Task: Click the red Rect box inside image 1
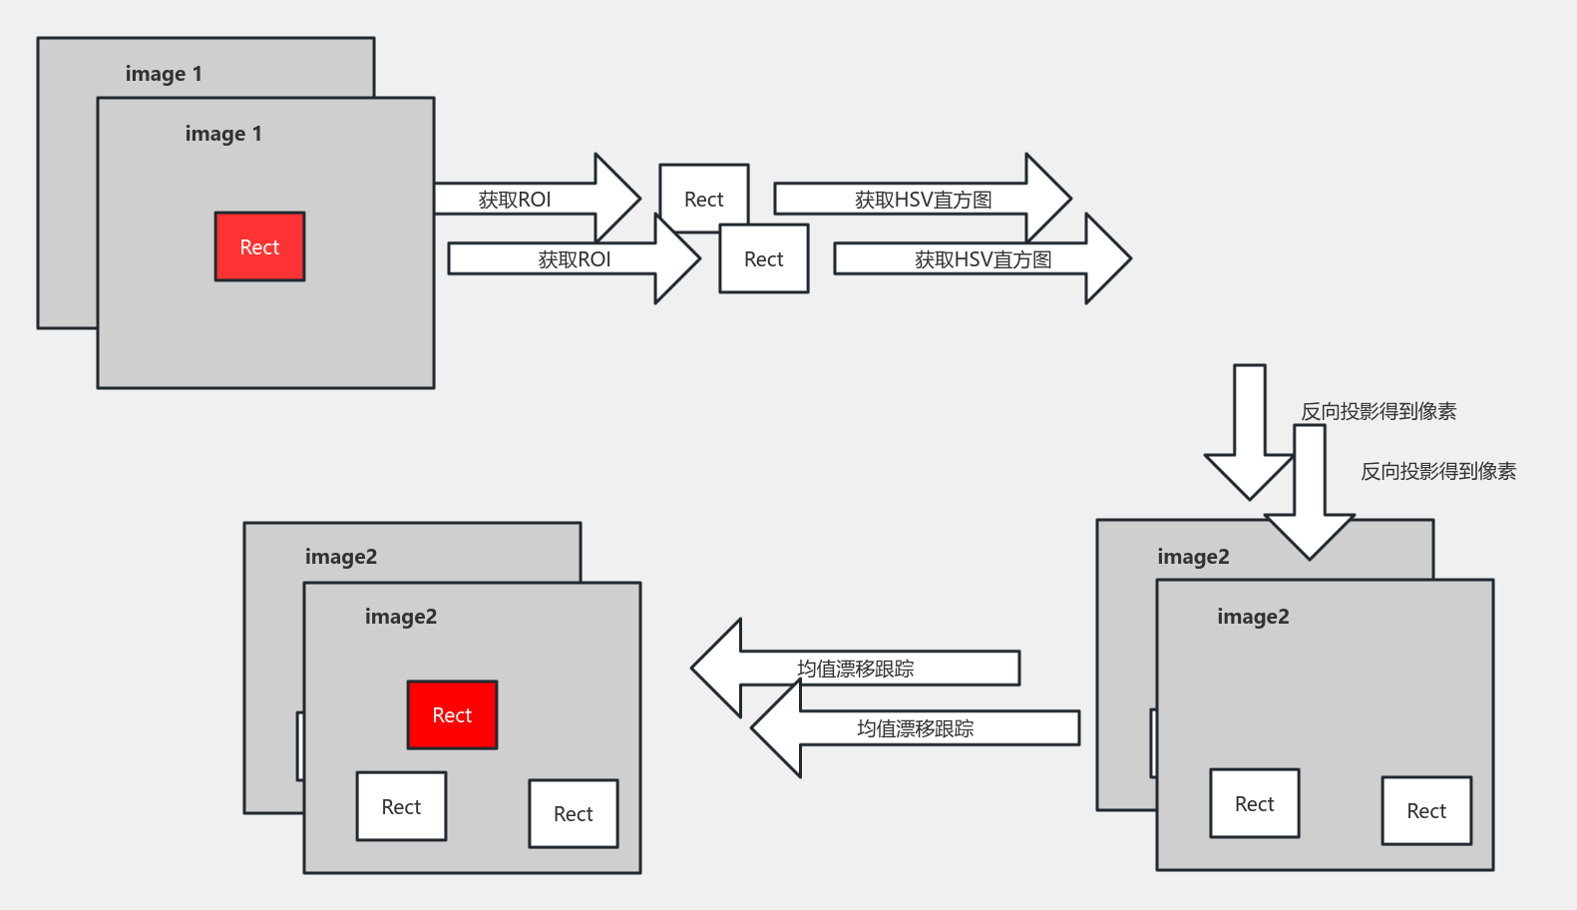click(259, 246)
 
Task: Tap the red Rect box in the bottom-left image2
click(452, 714)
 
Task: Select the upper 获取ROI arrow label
click(515, 200)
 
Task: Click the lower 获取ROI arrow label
click(575, 259)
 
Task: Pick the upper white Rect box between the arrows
click(703, 199)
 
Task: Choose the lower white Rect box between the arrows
click(764, 259)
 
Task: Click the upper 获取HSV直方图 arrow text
click(923, 200)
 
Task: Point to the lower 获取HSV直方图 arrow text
click(983, 259)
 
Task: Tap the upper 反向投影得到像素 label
click(1379, 411)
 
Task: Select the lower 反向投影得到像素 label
click(1438, 471)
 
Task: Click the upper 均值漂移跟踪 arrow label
click(856, 669)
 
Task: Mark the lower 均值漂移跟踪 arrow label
click(916, 728)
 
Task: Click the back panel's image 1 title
click(164, 74)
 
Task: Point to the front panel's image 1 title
click(223, 134)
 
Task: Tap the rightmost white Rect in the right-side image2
click(1426, 810)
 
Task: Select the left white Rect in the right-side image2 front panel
click(1255, 803)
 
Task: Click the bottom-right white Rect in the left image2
click(574, 813)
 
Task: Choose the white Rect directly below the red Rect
click(401, 806)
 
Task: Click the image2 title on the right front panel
click(1253, 617)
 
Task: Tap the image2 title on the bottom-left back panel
click(341, 557)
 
